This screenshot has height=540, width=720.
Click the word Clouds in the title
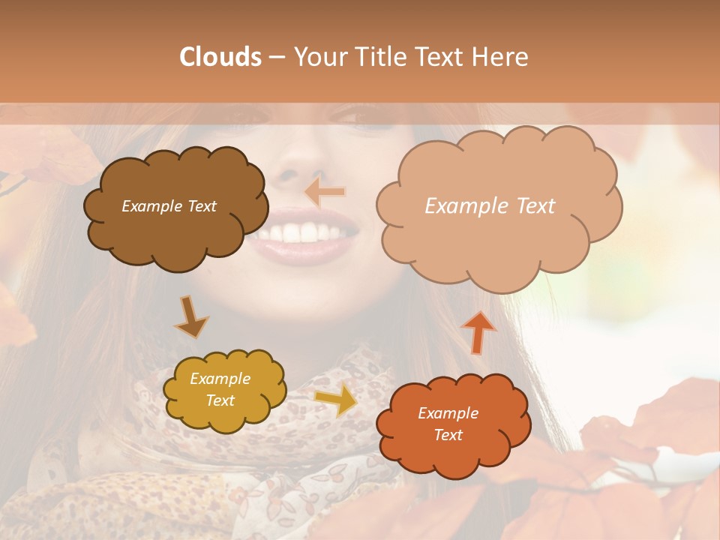pos(220,57)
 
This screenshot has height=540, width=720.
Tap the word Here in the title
pos(497,57)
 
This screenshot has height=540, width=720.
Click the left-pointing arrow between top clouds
pos(325,193)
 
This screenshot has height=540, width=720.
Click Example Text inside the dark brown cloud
pos(169,206)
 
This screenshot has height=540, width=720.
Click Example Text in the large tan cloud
pos(490,206)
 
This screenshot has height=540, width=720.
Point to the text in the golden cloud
pos(220,390)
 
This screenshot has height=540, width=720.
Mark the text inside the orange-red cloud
pos(448,424)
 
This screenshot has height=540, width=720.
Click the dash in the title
pos(277,57)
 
